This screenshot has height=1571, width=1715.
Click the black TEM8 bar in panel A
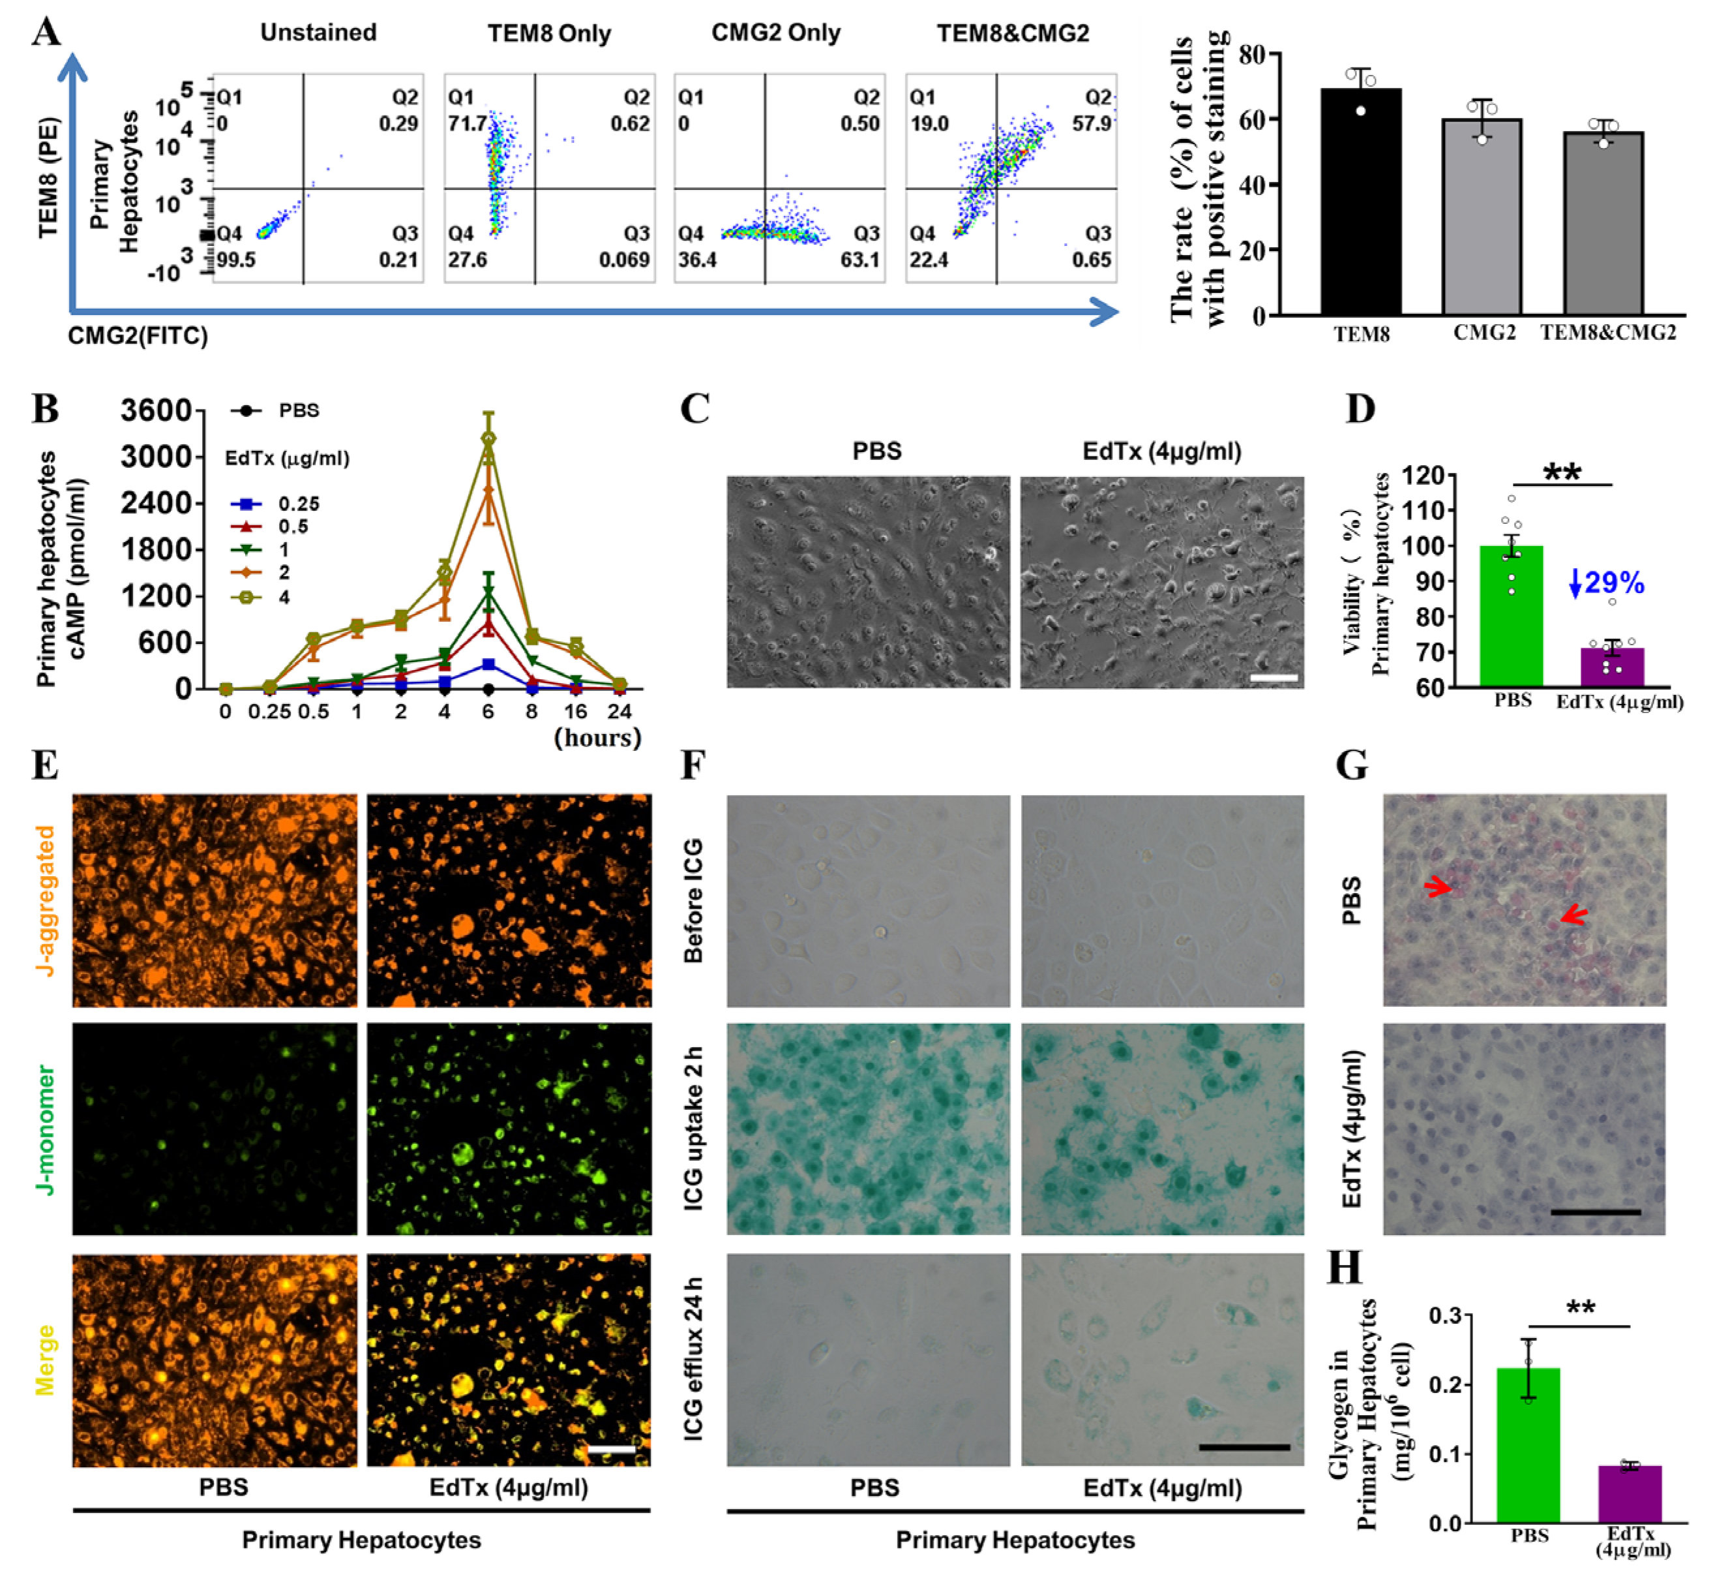pos(1360,204)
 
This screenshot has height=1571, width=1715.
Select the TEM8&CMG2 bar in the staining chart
pos(1603,226)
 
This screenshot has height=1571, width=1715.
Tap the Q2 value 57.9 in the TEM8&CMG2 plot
pos(1092,124)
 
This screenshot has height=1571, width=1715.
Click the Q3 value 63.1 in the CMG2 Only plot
pos(860,260)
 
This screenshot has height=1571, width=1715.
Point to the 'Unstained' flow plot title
pos(318,33)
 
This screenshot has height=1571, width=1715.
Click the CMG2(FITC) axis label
pos(138,336)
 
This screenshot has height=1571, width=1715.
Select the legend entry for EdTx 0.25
pos(299,504)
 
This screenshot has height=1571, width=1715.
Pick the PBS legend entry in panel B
pos(298,411)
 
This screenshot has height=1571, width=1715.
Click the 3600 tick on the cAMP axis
pos(156,411)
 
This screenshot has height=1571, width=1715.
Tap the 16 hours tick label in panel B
pos(576,712)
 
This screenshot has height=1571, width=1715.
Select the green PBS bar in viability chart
pos(1511,617)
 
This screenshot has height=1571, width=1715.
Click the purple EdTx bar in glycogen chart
pos(1629,1495)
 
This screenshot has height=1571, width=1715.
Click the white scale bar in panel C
pos(1274,679)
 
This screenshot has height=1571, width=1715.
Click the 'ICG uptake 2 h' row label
pos(693,1129)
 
